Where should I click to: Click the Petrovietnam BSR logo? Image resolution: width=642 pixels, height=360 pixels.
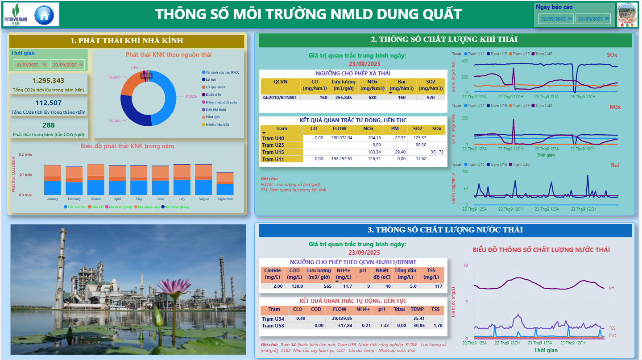point(16,14)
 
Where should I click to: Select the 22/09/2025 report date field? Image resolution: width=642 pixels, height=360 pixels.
point(553,19)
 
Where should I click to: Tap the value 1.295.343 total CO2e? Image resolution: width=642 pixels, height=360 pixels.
point(49,81)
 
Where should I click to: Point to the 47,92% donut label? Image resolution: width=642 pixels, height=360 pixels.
point(191,96)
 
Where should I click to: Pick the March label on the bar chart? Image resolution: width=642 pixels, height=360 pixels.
point(96,199)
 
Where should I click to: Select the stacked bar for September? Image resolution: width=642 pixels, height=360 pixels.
point(225,183)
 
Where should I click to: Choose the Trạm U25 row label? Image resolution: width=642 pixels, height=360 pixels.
point(273,145)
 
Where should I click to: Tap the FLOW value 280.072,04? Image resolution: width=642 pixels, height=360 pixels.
point(340,138)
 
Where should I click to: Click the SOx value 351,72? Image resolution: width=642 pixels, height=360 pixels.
point(436,152)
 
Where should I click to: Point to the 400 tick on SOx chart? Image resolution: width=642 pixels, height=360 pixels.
point(464,61)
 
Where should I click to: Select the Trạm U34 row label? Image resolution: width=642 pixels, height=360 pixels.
point(273,319)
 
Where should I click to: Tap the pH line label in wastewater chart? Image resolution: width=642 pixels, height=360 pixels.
point(611,288)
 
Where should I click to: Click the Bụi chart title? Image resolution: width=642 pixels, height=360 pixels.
point(615,166)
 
